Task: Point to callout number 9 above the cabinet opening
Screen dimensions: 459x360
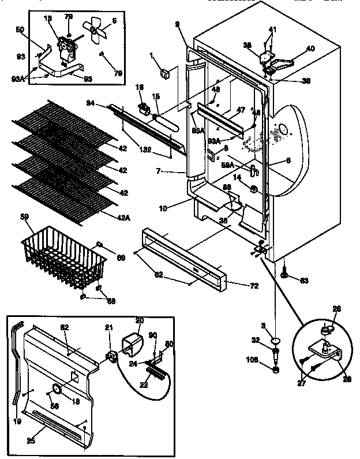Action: pos(178,24)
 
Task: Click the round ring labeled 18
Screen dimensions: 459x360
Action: pos(56,390)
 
